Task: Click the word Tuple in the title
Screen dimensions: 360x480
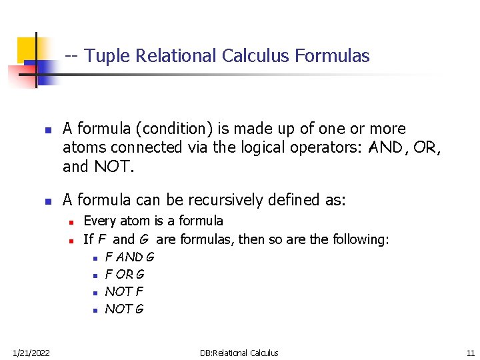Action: click(106, 56)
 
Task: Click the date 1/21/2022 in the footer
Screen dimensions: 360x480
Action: click(31, 353)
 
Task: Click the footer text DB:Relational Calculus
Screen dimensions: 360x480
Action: click(239, 353)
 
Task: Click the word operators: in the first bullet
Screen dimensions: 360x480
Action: click(323, 146)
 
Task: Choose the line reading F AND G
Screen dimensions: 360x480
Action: click(129, 256)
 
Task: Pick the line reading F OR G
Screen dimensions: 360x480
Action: click(125, 274)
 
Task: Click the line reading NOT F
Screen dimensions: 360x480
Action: click(124, 291)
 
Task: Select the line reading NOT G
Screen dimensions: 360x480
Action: click(125, 309)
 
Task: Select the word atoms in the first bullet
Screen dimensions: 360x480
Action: click(83, 146)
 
